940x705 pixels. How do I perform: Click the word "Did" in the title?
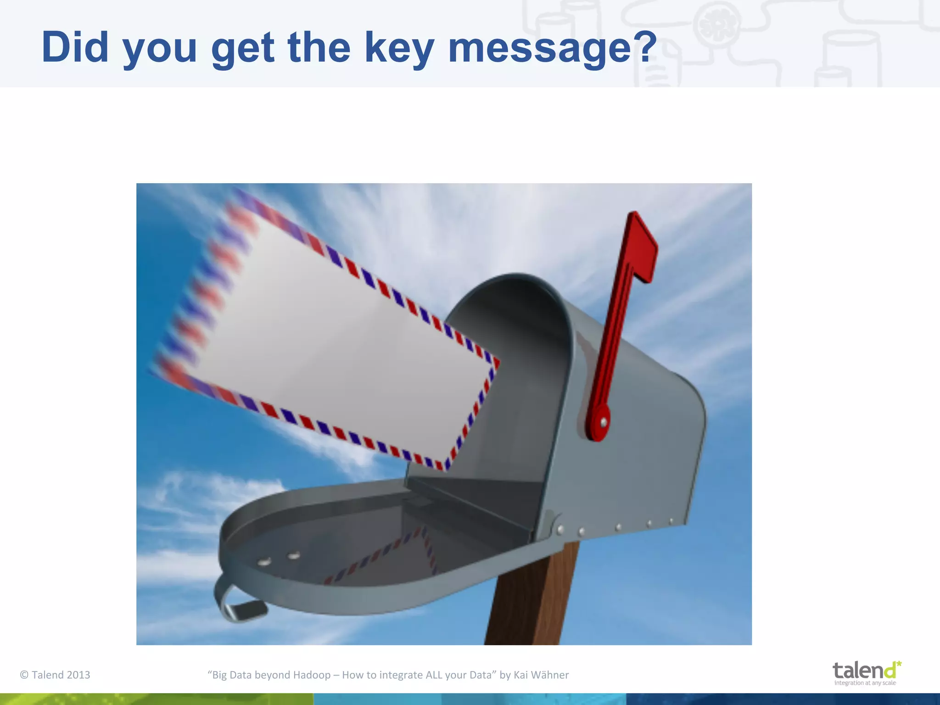point(74,47)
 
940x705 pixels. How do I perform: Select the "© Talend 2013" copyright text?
point(55,675)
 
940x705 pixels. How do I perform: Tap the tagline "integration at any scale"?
point(865,683)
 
